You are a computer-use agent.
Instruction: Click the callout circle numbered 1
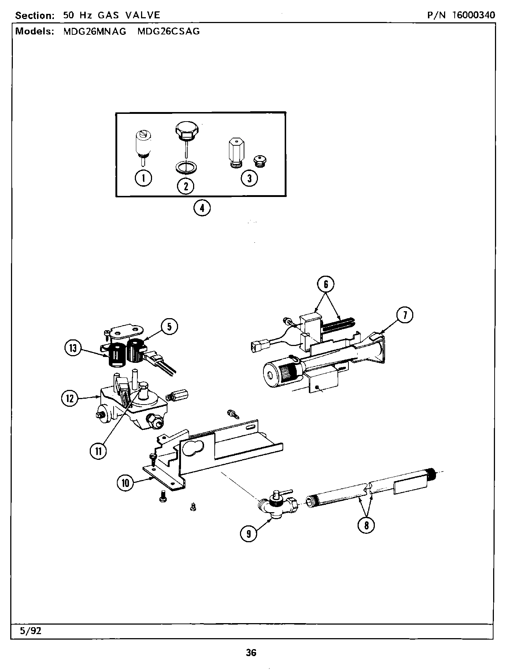[x=143, y=178]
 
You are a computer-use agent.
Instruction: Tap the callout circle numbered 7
[x=405, y=315]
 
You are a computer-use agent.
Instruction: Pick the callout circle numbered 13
[x=73, y=348]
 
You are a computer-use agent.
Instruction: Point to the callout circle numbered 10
[x=126, y=483]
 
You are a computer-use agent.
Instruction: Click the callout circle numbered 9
[x=249, y=533]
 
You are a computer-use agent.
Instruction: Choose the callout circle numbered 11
[x=99, y=451]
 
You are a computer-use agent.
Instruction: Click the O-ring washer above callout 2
[x=186, y=168]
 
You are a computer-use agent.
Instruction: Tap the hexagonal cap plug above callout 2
[x=186, y=131]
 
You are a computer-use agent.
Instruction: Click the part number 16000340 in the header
[x=473, y=15]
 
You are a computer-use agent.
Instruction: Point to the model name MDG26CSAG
[x=169, y=31]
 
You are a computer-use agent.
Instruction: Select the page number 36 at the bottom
[x=251, y=652]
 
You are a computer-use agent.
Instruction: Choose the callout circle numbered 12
[x=70, y=398]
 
